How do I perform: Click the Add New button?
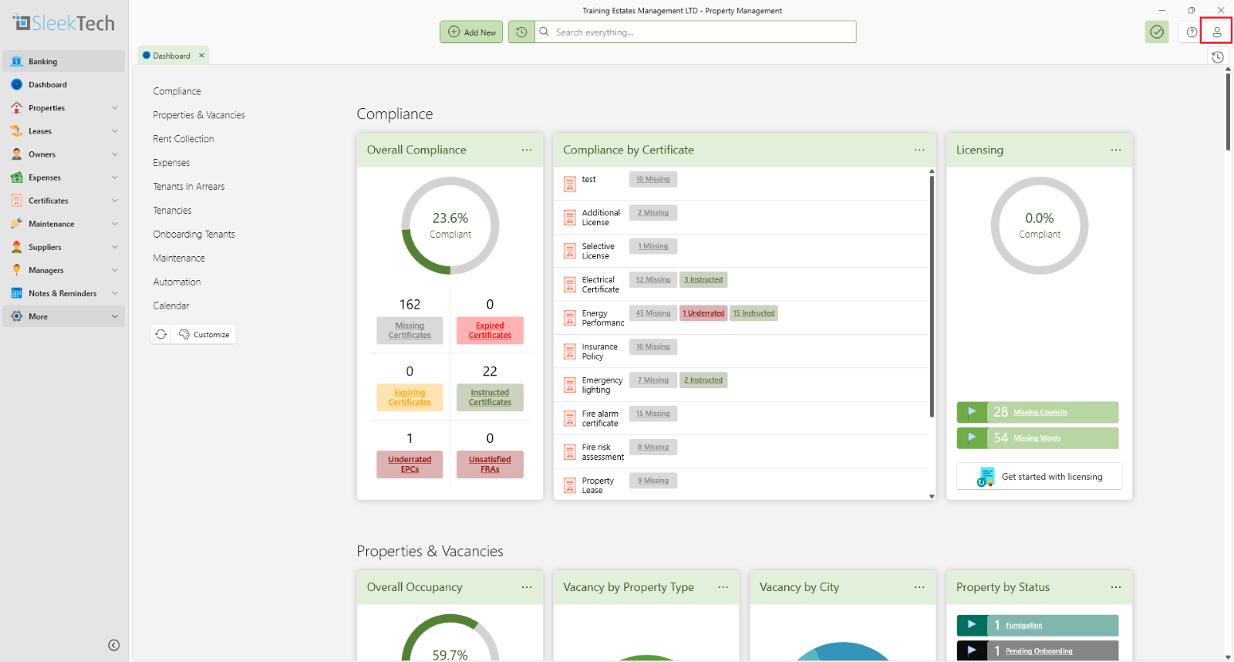(x=472, y=32)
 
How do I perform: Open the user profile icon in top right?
(x=1216, y=32)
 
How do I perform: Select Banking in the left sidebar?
(x=43, y=62)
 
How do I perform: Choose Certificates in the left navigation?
(x=49, y=201)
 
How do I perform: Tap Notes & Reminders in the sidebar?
(x=62, y=293)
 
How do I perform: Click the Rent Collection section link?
(x=184, y=139)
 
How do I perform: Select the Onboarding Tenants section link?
(x=194, y=235)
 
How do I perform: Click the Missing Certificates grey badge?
(x=410, y=330)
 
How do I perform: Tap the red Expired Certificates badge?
(x=490, y=330)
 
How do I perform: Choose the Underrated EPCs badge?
(x=410, y=464)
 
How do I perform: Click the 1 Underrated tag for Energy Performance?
(x=703, y=313)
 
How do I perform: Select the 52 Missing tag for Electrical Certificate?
(x=653, y=280)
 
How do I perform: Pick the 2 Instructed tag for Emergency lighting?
(x=703, y=380)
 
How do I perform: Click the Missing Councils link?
(x=1040, y=413)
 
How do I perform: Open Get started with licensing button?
(x=1039, y=477)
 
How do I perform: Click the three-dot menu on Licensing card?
(x=1115, y=150)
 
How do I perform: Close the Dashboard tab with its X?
(x=202, y=56)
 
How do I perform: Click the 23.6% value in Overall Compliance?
(x=450, y=218)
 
